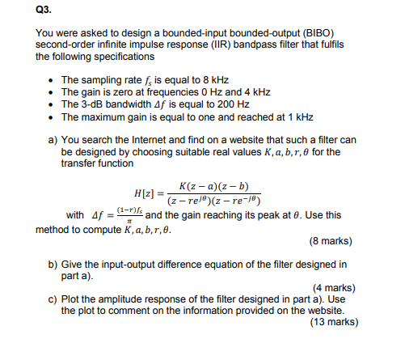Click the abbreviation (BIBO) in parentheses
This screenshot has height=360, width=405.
pos(329,35)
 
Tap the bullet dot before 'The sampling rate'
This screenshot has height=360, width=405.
pos(51,82)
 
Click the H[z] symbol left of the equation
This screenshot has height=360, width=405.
pos(150,194)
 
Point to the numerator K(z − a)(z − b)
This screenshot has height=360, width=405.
pos(213,186)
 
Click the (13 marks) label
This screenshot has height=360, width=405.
pos(331,321)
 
